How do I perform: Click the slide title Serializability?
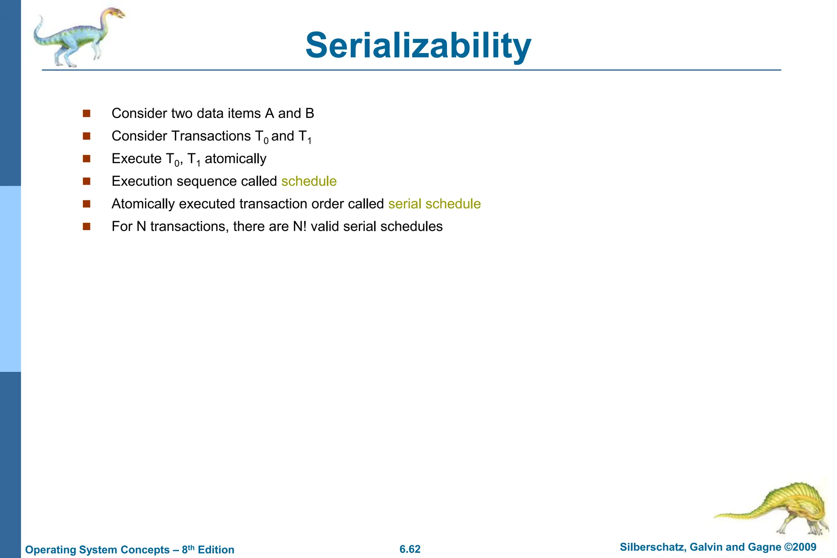click(418, 45)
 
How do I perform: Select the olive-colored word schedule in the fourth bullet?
click(309, 181)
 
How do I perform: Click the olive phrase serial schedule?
click(434, 204)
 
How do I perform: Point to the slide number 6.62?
click(410, 549)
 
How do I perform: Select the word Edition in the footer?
click(216, 549)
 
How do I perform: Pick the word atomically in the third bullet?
click(235, 159)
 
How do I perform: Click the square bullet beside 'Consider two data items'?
click(86, 113)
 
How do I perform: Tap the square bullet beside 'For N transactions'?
click(86, 226)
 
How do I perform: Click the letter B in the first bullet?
click(309, 113)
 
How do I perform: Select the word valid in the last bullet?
click(325, 226)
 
